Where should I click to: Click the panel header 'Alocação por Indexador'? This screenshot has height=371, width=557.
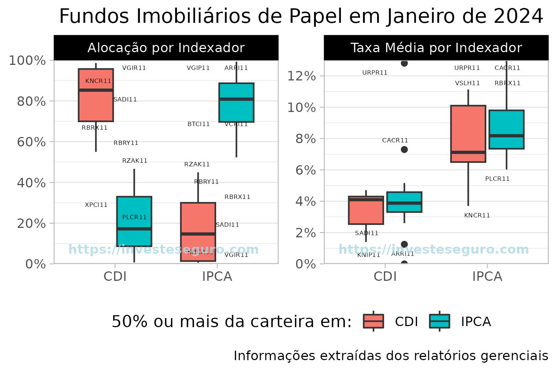coord(166,48)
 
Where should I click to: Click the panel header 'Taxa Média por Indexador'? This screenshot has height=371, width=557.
coord(436,48)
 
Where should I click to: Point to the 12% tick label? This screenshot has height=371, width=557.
coord(301,76)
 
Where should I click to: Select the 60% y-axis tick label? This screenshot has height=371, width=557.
coord(31,142)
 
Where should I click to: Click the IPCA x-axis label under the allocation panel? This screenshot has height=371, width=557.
coord(217,276)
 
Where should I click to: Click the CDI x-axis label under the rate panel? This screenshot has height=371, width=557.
coord(385,276)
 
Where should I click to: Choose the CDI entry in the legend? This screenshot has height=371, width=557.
coord(406,321)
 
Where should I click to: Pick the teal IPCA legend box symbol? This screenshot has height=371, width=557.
coord(440,321)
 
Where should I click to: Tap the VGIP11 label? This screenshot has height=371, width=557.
coord(198,68)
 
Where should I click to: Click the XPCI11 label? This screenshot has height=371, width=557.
coord(96,205)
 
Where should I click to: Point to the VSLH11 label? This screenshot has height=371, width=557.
coord(467,83)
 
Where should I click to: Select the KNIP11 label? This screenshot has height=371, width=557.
coord(368,255)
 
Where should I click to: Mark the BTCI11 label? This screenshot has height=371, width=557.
coord(198,124)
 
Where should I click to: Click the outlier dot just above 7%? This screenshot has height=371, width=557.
coord(404,150)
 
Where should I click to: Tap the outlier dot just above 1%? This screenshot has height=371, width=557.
coord(404,244)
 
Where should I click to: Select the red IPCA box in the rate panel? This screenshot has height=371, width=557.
coord(468,134)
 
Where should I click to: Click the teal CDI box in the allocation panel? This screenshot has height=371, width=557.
coord(134,221)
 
